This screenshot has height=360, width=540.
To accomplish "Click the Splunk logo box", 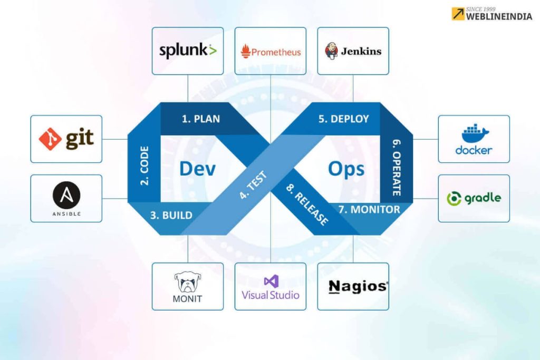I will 188,51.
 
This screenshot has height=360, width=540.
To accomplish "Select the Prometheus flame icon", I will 245,52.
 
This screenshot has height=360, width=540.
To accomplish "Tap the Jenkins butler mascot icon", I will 331,52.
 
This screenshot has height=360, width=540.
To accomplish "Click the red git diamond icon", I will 51,139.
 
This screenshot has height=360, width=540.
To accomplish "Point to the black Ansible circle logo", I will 66,197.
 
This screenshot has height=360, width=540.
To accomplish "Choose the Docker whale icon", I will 474,134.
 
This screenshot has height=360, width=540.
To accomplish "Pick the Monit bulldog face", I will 188,283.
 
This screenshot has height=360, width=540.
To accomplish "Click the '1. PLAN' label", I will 200,119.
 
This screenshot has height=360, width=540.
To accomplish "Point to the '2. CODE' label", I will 144,166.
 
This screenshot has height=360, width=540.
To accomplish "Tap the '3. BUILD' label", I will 171,215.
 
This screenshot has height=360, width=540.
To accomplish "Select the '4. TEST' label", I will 253,186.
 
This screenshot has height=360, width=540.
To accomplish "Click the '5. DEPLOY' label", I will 343,119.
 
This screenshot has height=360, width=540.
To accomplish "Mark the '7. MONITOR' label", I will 369,209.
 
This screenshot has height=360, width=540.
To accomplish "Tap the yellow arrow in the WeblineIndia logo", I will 458,14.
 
